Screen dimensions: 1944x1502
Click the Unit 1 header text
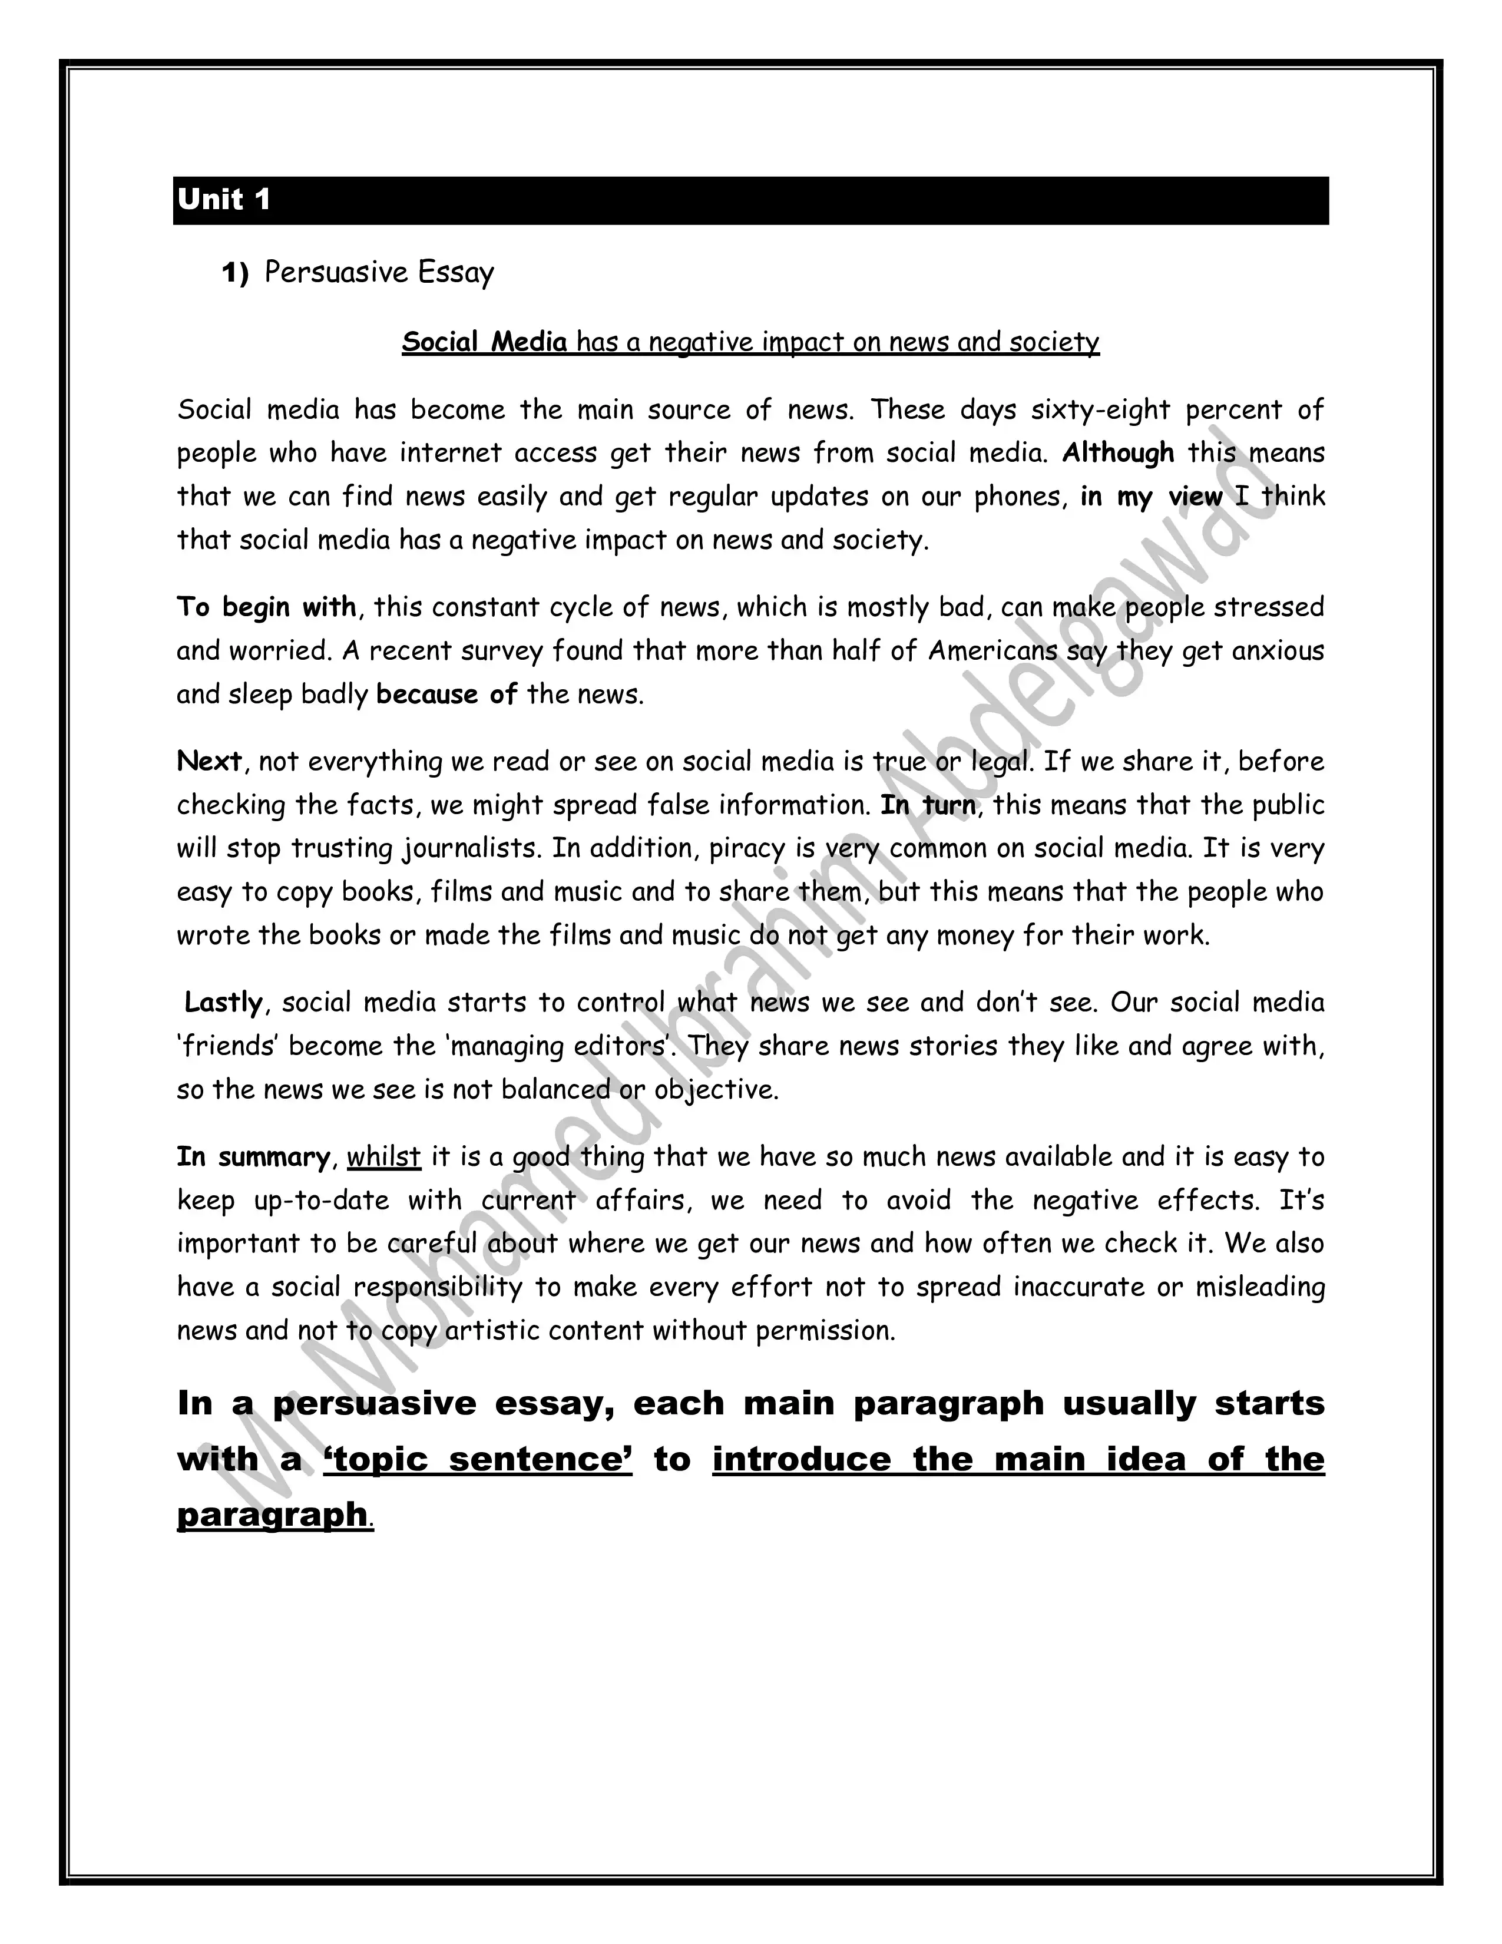[x=223, y=199]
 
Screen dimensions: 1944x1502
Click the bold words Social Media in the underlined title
[x=484, y=342]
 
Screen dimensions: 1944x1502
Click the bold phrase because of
[x=446, y=695]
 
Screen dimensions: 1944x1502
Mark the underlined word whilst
[x=383, y=1156]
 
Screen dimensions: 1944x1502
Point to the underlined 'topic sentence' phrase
[x=478, y=1460]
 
